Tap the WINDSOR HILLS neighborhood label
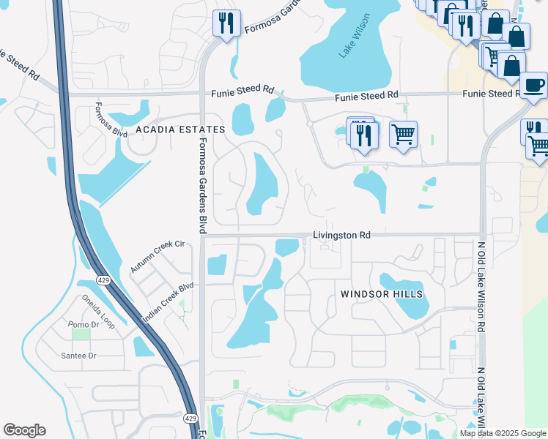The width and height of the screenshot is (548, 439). pyautogui.click(x=382, y=293)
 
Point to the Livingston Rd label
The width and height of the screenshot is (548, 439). pyautogui.click(x=341, y=236)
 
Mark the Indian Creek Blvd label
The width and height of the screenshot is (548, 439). pyautogui.click(x=168, y=302)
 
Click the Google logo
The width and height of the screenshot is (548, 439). pyautogui.click(x=24, y=430)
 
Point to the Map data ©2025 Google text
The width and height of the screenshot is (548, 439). pyautogui.click(x=503, y=433)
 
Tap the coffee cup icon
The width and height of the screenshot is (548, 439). pyautogui.click(x=533, y=85)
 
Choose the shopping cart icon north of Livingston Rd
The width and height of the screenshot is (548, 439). pyautogui.click(x=403, y=135)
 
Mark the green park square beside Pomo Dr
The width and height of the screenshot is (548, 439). pyautogui.click(x=80, y=334)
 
